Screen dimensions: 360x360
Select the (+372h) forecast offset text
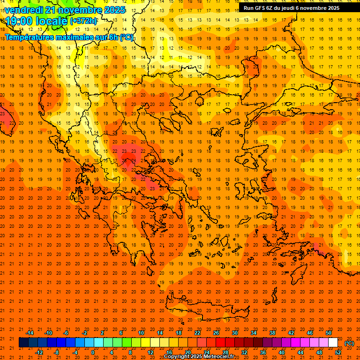83,21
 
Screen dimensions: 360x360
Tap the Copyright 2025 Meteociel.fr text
199,357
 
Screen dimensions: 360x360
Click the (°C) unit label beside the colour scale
349,343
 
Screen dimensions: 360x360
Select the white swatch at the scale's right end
333,343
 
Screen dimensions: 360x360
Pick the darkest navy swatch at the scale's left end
23,343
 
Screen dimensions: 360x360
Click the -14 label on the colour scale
30,333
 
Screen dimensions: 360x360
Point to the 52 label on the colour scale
338,352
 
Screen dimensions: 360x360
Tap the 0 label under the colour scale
93,352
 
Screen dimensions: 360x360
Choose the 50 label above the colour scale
329,333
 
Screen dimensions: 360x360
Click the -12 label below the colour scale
39,352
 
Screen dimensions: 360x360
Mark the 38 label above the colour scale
272,333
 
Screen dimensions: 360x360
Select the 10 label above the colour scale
141,333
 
